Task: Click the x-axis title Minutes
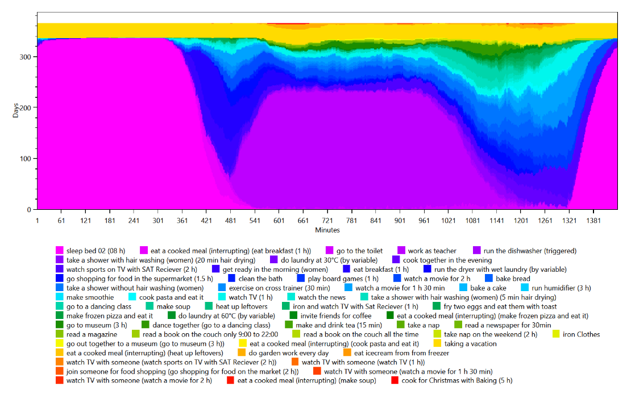[327, 230]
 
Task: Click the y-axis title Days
[16, 110]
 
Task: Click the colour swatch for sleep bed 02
[59, 251]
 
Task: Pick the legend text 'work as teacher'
[432, 251]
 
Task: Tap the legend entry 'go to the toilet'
[359, 251]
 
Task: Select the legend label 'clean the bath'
[260, 279]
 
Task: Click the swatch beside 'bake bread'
[489, 279]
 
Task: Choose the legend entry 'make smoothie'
[90, 297]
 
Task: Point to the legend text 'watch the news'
[322, 297]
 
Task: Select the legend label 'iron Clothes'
[581, 334]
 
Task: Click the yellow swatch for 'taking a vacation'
[437, 343]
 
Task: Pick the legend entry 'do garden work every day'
[288, 353]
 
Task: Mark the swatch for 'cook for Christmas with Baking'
[395, 380]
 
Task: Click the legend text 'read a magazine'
[92, 334]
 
